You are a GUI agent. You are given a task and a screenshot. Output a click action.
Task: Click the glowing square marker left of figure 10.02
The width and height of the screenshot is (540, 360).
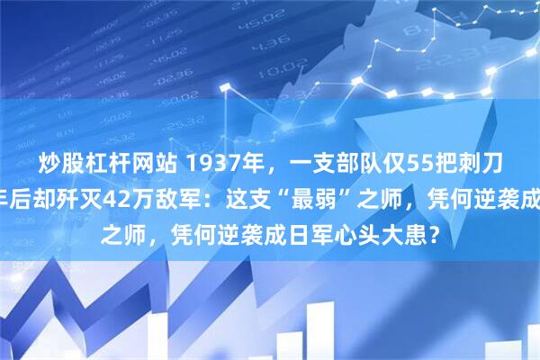225,85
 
